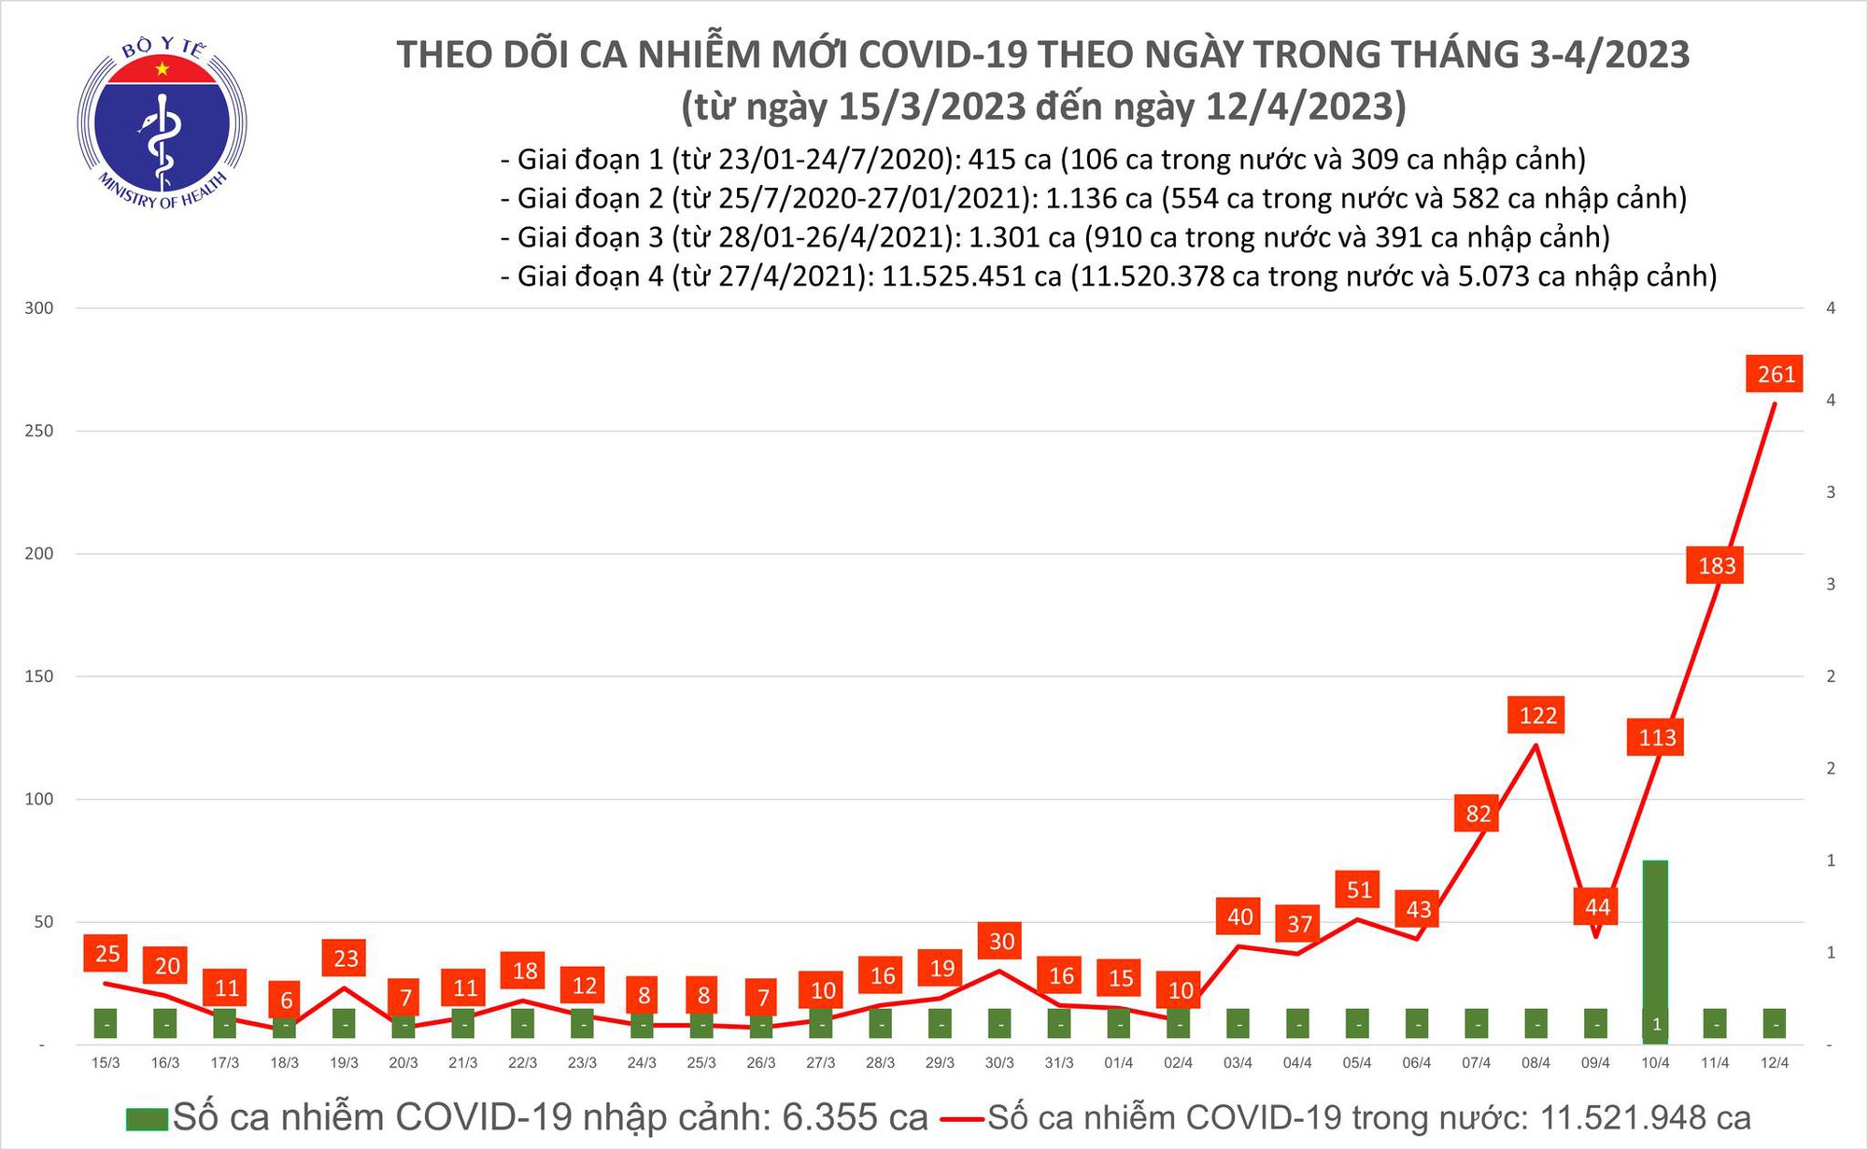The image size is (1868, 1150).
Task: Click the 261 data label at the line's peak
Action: (x=1775, y=375)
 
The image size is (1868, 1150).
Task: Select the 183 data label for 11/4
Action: (x=1717, y=566)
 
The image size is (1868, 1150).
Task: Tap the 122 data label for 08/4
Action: (x=1537, y=716)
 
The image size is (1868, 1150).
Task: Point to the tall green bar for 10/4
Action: (x=1655, y=944)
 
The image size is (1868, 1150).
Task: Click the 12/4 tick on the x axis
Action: (x=1774, y=1063)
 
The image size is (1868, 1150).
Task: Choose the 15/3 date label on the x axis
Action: (x=106, y=1063)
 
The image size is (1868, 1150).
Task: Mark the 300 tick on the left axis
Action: (x=39, y=308)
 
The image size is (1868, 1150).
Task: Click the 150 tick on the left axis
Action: (x=39, y=676)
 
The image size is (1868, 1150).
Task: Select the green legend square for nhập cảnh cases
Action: (x=147, y=1119)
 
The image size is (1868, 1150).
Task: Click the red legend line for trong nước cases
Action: (x=961, y=1119)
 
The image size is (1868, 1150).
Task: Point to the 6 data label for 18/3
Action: (x=286, y=1001)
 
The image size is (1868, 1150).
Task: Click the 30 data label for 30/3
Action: (x=1001, y=942)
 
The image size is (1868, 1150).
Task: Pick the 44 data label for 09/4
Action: (x=1597, y=907)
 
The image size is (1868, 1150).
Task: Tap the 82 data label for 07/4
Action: (x=1478, y=814)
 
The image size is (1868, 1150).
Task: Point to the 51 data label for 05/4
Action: (x=1359, y=890)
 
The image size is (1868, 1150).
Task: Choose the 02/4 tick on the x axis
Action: (x=1178, y=1063)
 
